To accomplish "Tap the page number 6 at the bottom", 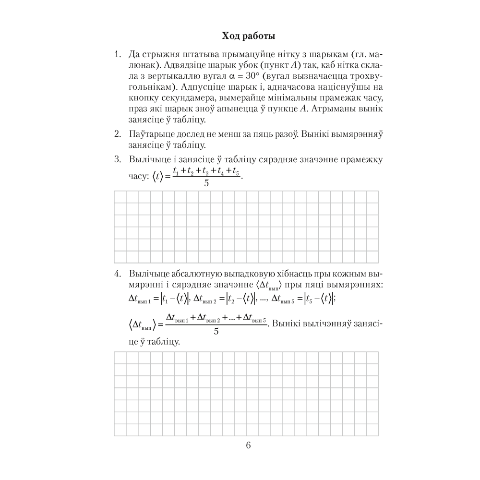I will (x=248, y=445).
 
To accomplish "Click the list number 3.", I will (x=117, y=160).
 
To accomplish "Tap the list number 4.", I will (x=117, y=275).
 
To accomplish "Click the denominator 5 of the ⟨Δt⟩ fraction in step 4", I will (x=216, y=331).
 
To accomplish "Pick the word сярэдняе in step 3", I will (x=266, y=160).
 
